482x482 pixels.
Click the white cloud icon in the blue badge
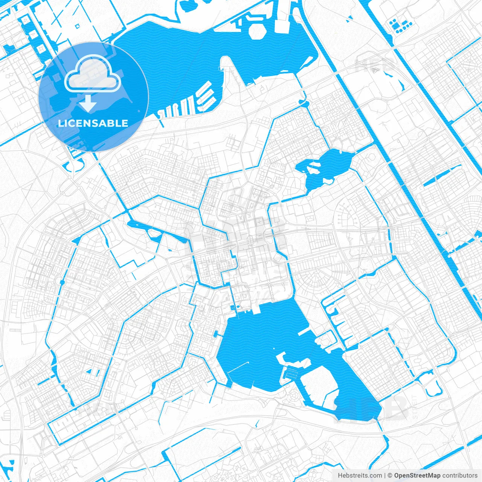[93, 74]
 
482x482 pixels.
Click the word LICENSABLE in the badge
[93, 123]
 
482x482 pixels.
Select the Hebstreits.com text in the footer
[360, 476]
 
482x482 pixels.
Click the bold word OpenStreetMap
[417, 476]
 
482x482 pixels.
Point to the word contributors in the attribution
[460, 476]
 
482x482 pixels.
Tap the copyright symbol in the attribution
[390, 476]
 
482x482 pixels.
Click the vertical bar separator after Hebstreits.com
[385, 476]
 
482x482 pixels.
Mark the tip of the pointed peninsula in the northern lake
[226, 58]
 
